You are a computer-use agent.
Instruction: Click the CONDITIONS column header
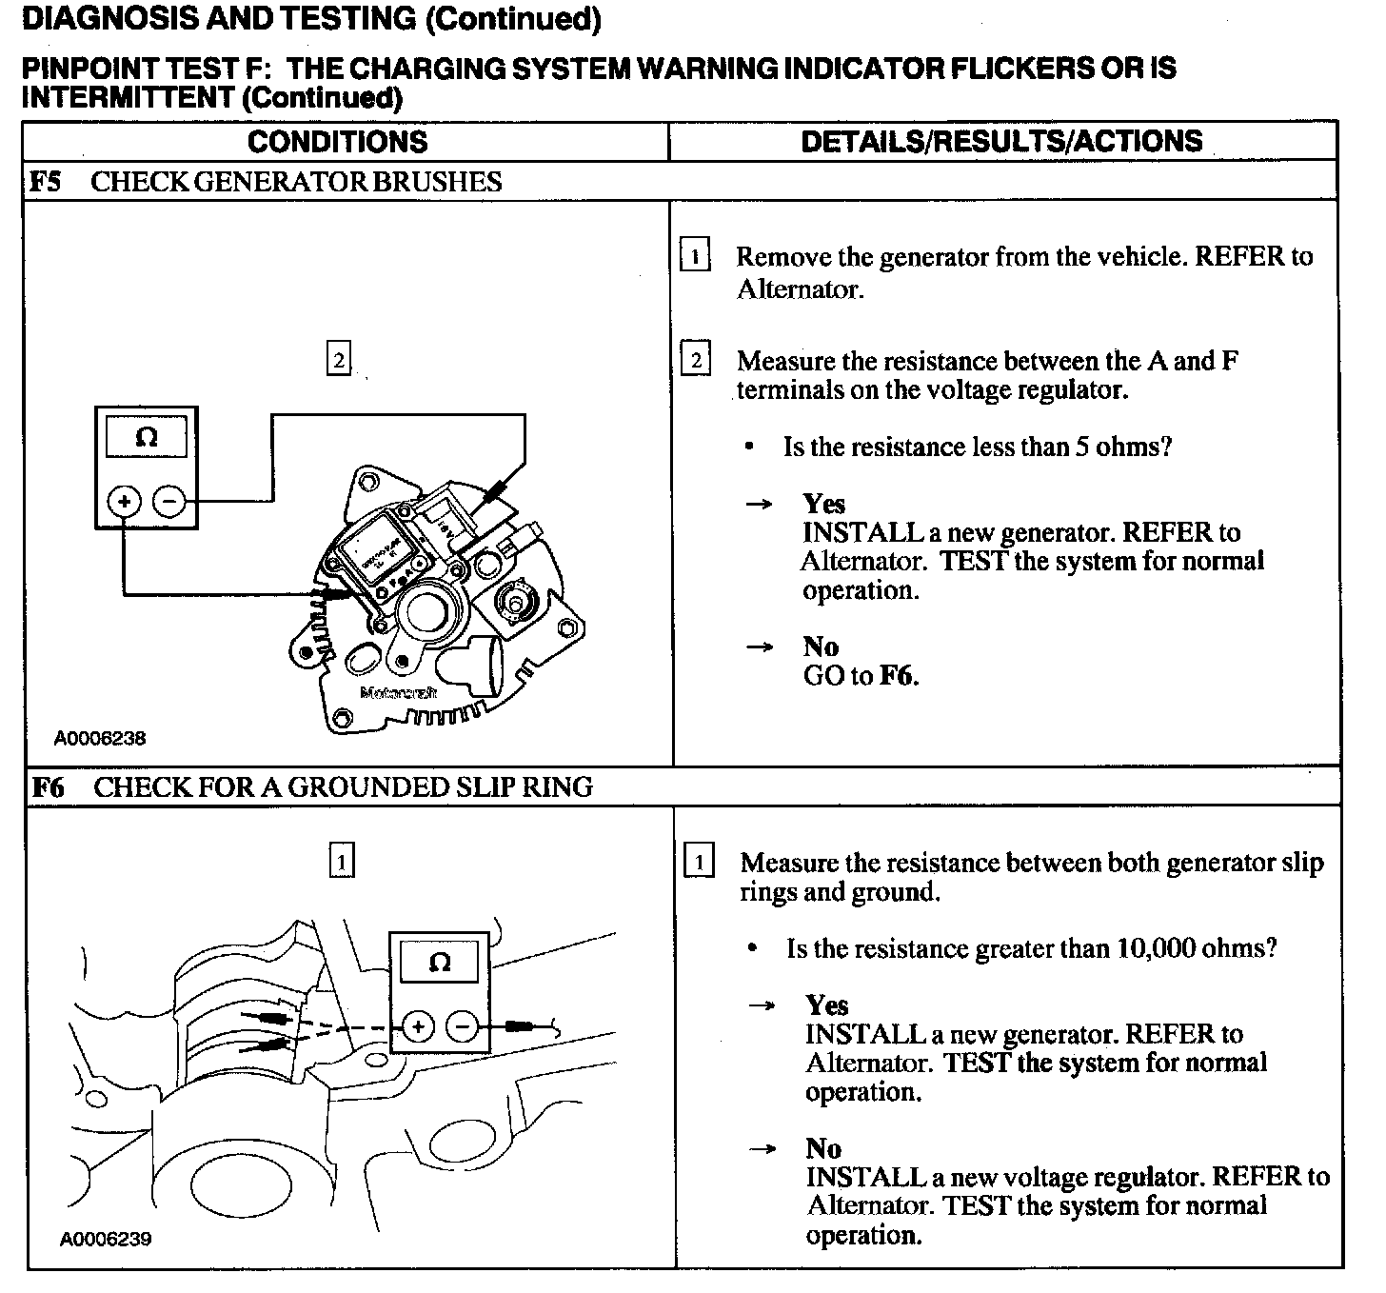(337, 142)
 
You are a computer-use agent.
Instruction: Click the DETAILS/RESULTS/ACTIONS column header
(1001, 142)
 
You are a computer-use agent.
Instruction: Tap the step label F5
(46, 182)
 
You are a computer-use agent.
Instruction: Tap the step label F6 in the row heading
(49, 787)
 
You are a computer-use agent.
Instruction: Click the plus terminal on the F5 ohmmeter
(124, 500)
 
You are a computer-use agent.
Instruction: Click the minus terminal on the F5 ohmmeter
(168, 500)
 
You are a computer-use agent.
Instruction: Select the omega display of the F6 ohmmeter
(440, 963)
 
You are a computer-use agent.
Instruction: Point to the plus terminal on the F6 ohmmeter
(418, 1026)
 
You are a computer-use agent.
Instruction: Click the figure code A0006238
(100, 738)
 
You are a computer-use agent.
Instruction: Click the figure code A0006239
(106, 1239)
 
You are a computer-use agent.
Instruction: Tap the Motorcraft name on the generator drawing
(398, 693)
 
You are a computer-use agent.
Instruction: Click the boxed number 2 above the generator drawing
(338, 361)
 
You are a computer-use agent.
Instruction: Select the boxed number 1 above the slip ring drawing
(341, 861)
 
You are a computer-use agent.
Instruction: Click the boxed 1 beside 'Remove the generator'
(695, 256)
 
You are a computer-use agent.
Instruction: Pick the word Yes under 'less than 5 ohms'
(823, 504)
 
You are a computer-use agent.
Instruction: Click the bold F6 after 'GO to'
(897, 676)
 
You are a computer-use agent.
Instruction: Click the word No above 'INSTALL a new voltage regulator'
(823, 1148)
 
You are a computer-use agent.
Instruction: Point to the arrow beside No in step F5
(759, 647)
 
